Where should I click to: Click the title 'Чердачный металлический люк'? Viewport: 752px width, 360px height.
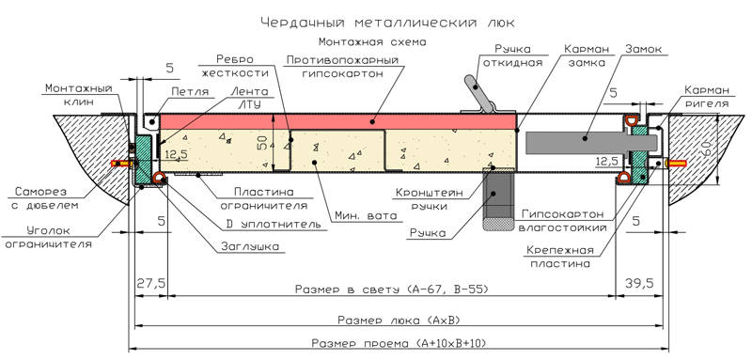coord(389,22)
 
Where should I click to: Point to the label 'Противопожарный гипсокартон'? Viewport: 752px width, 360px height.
coord(342,67)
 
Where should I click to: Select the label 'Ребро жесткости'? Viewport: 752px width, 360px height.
coord(235,66)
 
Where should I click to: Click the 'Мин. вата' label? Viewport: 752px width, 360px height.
coord(367,216)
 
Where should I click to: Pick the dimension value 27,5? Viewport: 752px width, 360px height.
coord(151,282)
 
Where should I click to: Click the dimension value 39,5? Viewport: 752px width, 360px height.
coord(639,282)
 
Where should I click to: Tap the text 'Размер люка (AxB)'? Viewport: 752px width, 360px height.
coord(399,320)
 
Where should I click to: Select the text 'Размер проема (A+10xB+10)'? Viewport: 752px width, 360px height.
coord(399,343)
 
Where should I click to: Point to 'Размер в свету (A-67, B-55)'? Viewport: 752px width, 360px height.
coord(391,290)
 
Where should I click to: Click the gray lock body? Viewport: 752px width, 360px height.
coord(591,143)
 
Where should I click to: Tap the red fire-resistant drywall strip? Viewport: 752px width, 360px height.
coord(338,122)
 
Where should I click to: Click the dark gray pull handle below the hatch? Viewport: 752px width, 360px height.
coord(498,200)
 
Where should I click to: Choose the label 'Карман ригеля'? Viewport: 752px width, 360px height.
coord(707,97)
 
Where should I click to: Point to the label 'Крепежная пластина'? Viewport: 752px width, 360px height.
coord(559,257)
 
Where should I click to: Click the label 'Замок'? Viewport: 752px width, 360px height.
coord(643,50)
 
